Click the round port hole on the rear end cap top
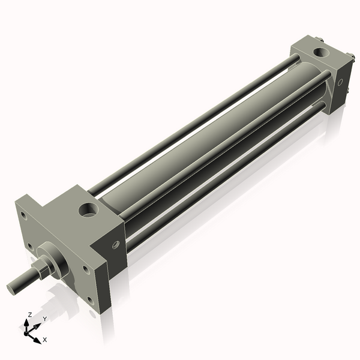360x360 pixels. click(321, 52)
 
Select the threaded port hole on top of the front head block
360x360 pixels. click(88, 210)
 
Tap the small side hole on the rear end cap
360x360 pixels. click(340, 82)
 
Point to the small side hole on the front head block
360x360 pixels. click(116, 245)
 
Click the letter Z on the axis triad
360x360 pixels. click(29, 314)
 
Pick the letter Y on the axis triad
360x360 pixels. click(45, 319)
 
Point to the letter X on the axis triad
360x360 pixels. click(45, 340)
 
